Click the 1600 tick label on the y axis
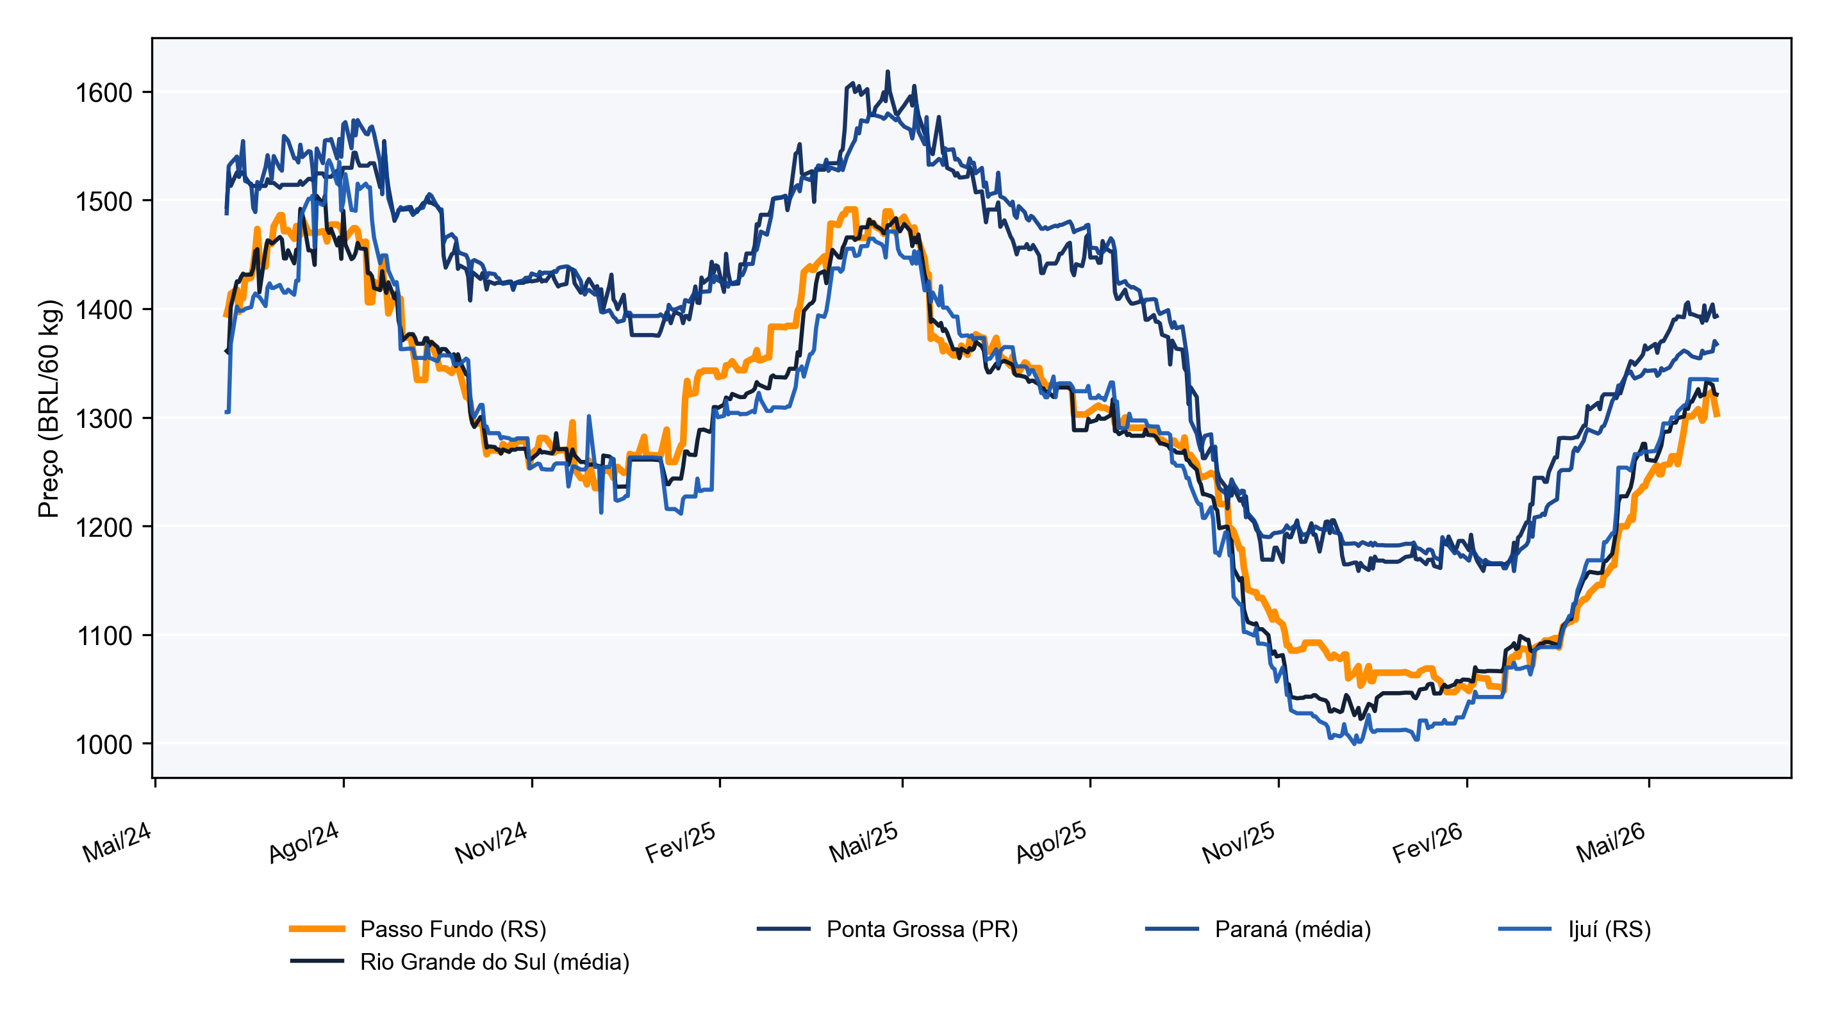point(104,93)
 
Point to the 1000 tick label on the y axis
point(104,744)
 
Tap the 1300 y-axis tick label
point(104,419)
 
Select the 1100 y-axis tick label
point(104,636)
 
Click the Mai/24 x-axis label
point(117,842)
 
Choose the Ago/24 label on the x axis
point(304,842)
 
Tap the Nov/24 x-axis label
point(492,842)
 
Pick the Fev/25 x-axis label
point(680,842)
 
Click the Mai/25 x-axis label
point(864,842)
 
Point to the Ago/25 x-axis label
point(1052,842)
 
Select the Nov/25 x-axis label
point(1239,842)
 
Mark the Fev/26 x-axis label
point(1428,842)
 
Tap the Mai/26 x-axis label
point(1611,842)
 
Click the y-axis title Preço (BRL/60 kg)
point(50,409)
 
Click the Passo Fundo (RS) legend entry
point(453,929)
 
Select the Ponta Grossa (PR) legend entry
point(922,929)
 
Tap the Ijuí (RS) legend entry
point(1610,929)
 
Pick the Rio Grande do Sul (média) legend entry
point(495,962)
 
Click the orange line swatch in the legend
point(317,929)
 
